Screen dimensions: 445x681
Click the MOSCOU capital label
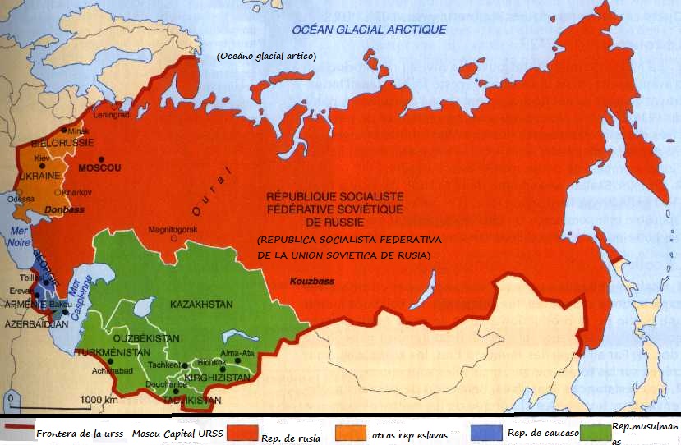tap(99, 168)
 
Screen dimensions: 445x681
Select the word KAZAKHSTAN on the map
tap(201, 305)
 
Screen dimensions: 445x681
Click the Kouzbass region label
tap(312, 281)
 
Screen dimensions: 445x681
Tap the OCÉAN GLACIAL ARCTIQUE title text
tap(369, 30)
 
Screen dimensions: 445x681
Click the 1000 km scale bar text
tap(99, 400)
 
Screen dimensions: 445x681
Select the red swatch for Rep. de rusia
tap(241, 431)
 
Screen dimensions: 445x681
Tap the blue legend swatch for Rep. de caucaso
tap(488, 431)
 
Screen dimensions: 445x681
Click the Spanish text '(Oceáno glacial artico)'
tap(266, 57)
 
